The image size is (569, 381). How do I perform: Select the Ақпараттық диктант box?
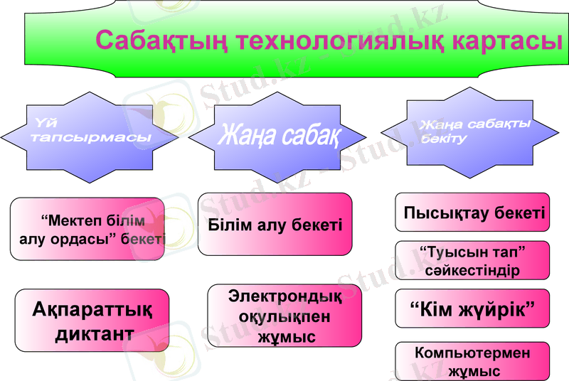[x=92, y=321]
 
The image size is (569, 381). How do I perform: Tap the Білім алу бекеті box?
[x=275, y=225]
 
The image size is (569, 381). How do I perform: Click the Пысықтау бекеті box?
[x=472, y=212]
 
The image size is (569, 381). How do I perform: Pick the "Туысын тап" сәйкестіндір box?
[x=472, y=261]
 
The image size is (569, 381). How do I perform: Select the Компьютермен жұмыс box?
[x=472, y=361]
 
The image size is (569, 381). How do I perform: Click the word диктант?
[x=94, y=334]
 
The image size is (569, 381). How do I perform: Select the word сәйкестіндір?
[x=472, y=271]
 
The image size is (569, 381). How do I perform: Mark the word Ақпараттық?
[x=92, y=308]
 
